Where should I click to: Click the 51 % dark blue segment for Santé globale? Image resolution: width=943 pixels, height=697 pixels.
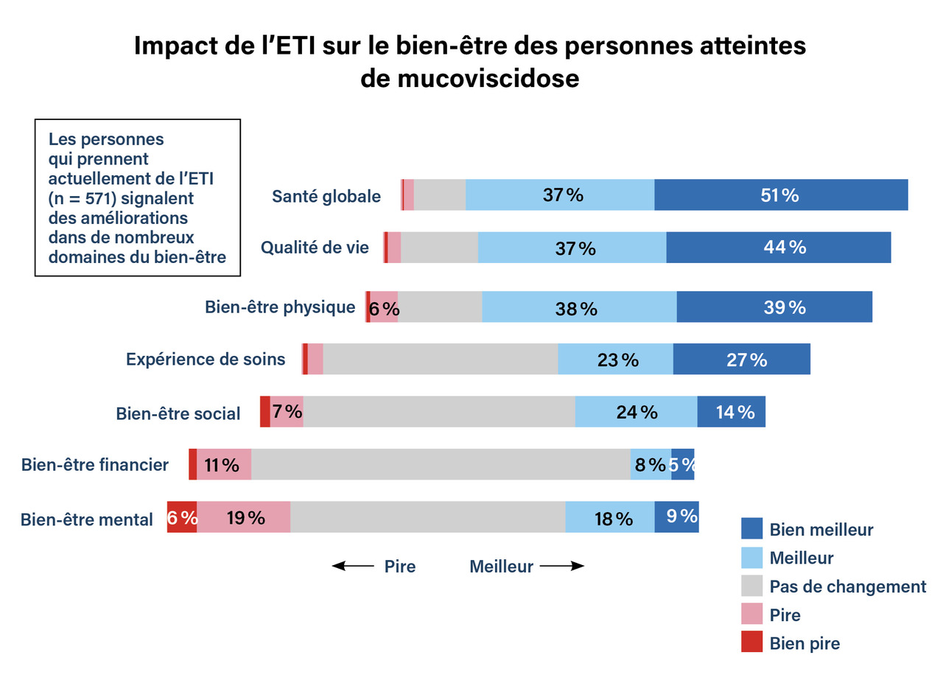click(781, 195)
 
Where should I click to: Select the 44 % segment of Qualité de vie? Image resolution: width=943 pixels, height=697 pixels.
click(779, 248)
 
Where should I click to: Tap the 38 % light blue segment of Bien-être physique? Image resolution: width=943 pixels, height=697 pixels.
click(579, 307)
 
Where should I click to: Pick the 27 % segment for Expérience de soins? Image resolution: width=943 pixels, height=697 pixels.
click(741, 360)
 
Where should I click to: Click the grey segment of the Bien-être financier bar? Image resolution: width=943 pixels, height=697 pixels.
click(441, 465)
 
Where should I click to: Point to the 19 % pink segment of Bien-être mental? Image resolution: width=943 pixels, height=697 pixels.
click(244, 517)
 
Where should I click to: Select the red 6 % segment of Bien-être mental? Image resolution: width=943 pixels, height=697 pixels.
click(182, 517)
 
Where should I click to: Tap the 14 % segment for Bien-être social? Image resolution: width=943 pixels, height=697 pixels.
click(731, 412)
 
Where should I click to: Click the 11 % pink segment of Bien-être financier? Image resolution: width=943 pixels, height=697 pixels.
click(224, 465)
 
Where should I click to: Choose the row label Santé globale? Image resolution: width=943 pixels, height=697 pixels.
click(326, 197)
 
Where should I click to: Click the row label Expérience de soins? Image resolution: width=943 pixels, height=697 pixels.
click(206, 360)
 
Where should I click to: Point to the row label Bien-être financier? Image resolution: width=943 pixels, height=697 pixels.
click(95, 465)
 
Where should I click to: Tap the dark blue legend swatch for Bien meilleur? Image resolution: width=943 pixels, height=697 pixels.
click(751, 528)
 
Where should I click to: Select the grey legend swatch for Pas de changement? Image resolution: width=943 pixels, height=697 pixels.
click(751, 586)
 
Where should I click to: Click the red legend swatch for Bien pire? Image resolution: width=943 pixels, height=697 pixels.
click(751, 642)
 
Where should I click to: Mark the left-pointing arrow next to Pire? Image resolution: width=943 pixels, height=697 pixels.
click(353, 566)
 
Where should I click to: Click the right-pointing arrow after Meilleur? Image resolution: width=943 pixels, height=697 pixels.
click(562, 566)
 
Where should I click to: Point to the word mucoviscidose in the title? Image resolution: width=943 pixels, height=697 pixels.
click(470, 78)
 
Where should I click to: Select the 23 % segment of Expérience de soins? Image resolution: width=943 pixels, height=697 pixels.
click(615, 360)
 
